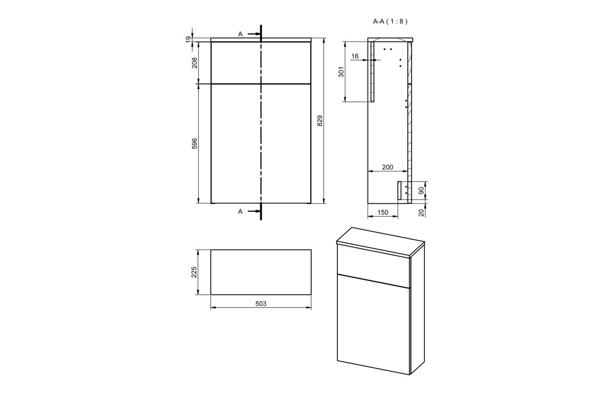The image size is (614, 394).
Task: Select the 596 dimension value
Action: coord(194,143)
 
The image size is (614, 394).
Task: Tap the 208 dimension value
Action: coord(194,63)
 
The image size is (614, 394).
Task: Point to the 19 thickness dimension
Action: coord(189,39)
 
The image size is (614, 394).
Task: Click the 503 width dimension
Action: coord(261,304)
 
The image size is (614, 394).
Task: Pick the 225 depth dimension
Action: coord(194,272)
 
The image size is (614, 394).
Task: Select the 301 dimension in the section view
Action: coord(341,72)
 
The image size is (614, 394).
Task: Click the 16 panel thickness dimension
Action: coord(355,56)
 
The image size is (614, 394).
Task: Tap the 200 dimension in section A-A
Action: coord(387,167)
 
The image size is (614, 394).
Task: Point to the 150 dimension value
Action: coord(382,212)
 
